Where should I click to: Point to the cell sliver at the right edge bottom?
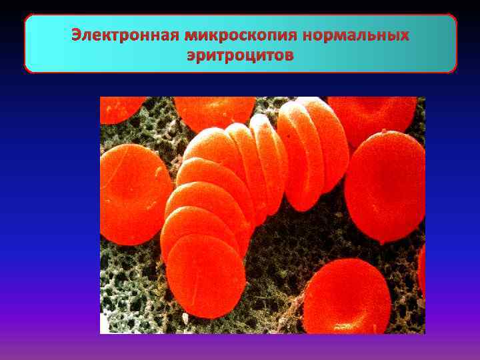[x=421, y=267]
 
